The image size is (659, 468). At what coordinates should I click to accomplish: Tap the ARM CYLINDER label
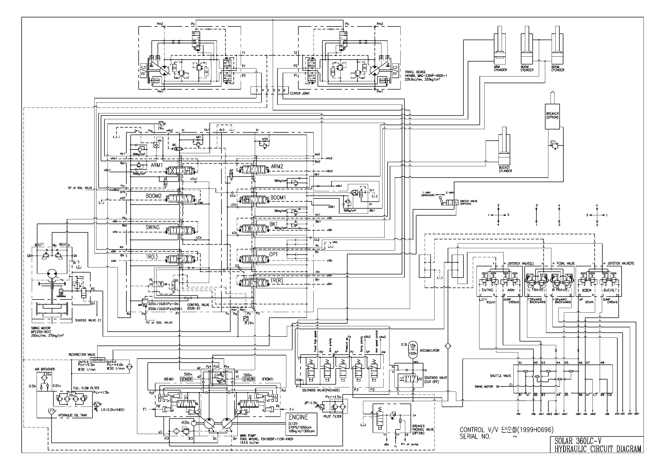click(x=500, y=68)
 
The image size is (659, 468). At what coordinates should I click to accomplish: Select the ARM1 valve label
click(x=157, y=166)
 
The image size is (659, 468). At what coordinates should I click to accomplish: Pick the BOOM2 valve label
click(x=153, y=196)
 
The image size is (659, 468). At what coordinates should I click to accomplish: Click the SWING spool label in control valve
click(x=152, y=227)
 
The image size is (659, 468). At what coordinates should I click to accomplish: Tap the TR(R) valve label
click(x=276, y=281)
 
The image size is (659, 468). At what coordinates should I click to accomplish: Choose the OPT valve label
click(x=274, y=255)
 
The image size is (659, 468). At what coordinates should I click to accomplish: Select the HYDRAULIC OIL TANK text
click(x=71, y=415)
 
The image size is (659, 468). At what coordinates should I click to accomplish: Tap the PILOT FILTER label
click(x=332, y=416)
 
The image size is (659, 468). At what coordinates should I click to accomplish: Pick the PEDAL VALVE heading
click(x=565, y=263)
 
